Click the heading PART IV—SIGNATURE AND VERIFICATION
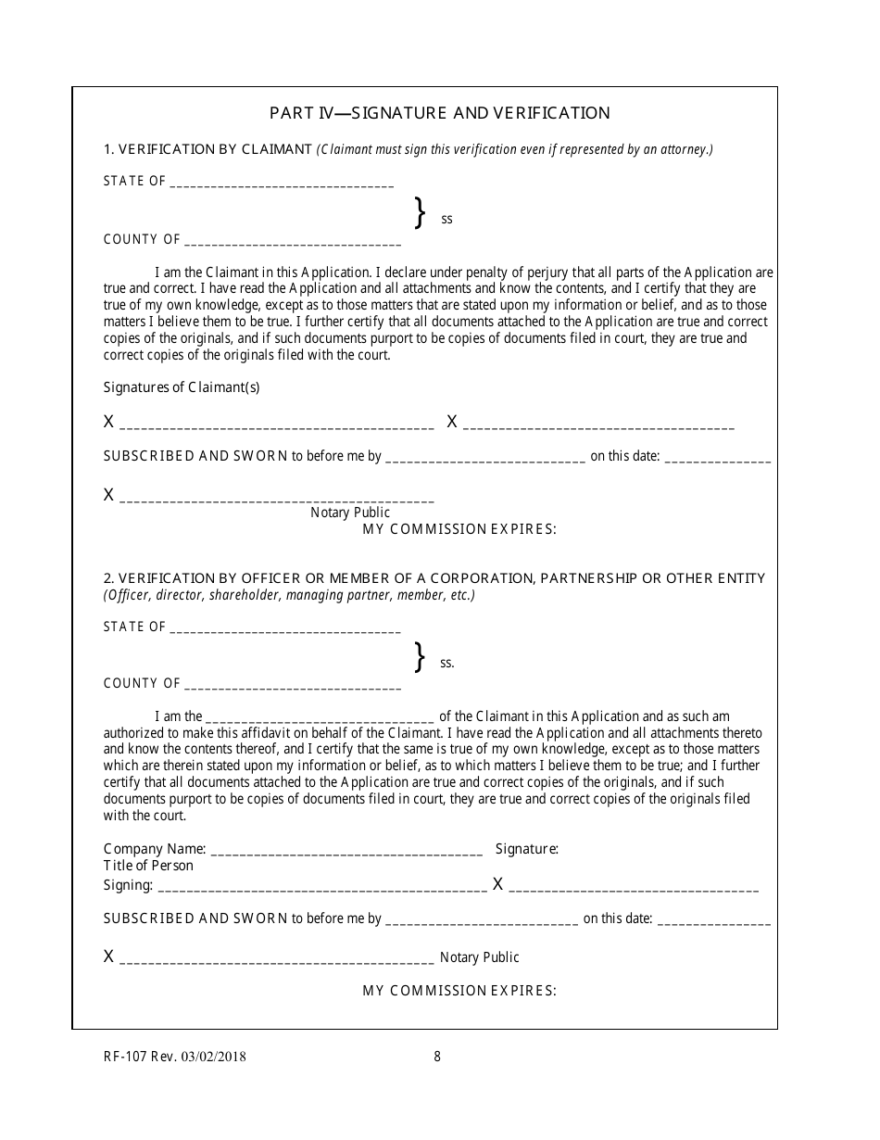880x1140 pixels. pos(439,113)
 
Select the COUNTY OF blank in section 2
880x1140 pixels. pos(293,685)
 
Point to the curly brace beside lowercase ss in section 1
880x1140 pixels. pos(420,212)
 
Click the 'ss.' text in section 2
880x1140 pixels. pos(447,663)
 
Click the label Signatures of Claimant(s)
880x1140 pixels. pos(182,387)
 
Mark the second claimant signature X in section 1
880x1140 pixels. pos(452,422)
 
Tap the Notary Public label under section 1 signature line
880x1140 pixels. pos(350,512)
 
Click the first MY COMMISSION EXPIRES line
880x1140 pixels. pos(459,529)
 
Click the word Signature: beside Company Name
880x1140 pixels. pos(526,848)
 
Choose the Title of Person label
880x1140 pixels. pos(148,866)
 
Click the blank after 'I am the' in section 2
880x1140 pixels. pos(320,717)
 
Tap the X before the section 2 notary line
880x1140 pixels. pos(108,956)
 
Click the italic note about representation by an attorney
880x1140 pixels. pos(515,149)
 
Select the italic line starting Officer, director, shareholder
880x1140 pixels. pos(289,595)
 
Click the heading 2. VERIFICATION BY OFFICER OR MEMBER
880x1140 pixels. pos(434,578)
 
